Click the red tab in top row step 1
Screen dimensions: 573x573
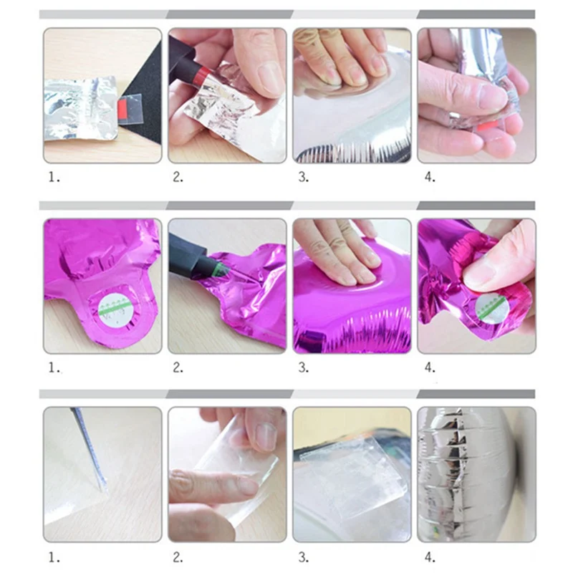[122, 110]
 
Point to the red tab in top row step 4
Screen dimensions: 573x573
[488, 127]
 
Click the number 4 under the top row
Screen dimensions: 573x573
[430, 177]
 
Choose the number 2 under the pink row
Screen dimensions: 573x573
[178, 367]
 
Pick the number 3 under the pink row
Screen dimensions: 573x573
[303, 367]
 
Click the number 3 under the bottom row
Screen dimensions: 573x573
[303, 557]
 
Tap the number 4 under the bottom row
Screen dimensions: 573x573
[430, 557]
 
